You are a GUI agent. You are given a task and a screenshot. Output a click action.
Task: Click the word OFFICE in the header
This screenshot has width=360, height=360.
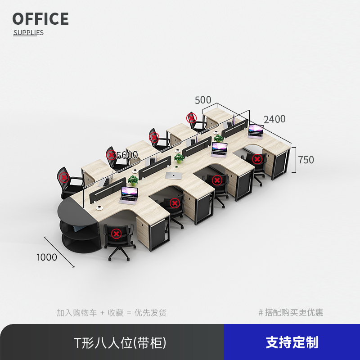pos(40,19)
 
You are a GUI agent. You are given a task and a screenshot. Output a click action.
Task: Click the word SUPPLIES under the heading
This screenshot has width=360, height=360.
pos(28,32)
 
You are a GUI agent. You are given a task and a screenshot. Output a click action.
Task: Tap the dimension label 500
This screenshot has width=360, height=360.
pos(203,100)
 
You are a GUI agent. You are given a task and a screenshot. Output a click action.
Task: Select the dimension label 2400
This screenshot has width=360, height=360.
pos(274,119)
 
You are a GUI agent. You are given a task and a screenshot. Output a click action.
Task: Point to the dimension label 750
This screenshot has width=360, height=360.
pos(306,160)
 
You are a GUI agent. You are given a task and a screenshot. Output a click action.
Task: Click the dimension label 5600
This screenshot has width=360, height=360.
pos(127,155)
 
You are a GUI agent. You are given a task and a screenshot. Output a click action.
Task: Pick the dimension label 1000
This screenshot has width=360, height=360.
pos(47,257)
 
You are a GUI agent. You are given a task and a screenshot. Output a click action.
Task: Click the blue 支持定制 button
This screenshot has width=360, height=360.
pos(292,342)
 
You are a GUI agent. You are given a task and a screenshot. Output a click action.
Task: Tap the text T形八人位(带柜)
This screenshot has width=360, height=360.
pos(120,342)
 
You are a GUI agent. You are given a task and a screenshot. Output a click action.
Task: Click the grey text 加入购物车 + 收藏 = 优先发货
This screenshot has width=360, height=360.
pos(112,313)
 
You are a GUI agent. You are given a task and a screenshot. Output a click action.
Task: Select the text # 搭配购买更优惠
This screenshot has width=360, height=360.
pos(291,313)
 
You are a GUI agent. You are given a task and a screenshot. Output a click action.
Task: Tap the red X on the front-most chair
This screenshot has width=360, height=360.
pos(116,234)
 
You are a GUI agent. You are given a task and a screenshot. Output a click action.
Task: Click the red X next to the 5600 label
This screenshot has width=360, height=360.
pos(111,155)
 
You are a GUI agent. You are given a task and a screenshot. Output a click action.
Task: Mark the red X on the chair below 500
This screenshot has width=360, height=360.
pos(192,118)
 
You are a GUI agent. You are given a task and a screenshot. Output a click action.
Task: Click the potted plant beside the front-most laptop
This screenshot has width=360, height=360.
pos(133,180)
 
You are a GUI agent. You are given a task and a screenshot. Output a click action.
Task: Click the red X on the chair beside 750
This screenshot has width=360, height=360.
pos(257,158)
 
